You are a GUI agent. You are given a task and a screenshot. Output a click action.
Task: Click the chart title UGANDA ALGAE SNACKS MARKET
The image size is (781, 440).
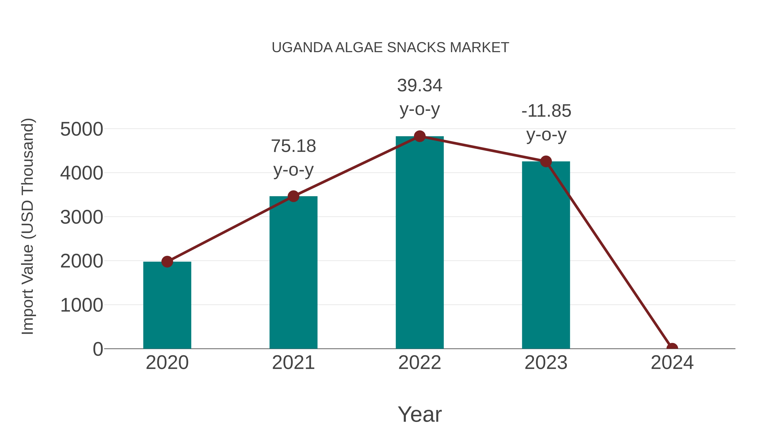tap(390, 48)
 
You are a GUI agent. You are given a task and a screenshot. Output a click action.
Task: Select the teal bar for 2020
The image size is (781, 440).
tap(167, 307)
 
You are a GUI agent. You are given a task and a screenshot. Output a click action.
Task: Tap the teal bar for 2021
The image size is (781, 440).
tap(293, 273)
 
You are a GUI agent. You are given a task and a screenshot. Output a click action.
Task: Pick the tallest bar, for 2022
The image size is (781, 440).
tap(420, 243)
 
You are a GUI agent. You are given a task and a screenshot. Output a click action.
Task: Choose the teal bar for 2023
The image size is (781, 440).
tap(546, 258)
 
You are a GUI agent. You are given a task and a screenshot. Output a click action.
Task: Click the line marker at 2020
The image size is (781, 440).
tap(167, 261)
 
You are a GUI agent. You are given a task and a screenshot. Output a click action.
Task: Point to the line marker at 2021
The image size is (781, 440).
tap(293, 196)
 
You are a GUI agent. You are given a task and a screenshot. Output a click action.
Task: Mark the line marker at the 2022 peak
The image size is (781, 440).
tap(420, 136)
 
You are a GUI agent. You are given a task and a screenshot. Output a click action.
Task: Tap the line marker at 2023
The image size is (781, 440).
tap(546, 161)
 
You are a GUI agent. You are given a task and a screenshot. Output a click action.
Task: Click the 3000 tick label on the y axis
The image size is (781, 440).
tap(81, 218)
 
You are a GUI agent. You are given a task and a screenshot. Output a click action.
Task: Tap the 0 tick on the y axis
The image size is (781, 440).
tap(98, 349)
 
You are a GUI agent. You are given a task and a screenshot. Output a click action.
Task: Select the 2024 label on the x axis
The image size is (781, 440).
tap(672, 363)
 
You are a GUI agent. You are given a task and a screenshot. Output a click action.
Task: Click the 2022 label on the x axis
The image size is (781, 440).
tap(420, 363)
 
